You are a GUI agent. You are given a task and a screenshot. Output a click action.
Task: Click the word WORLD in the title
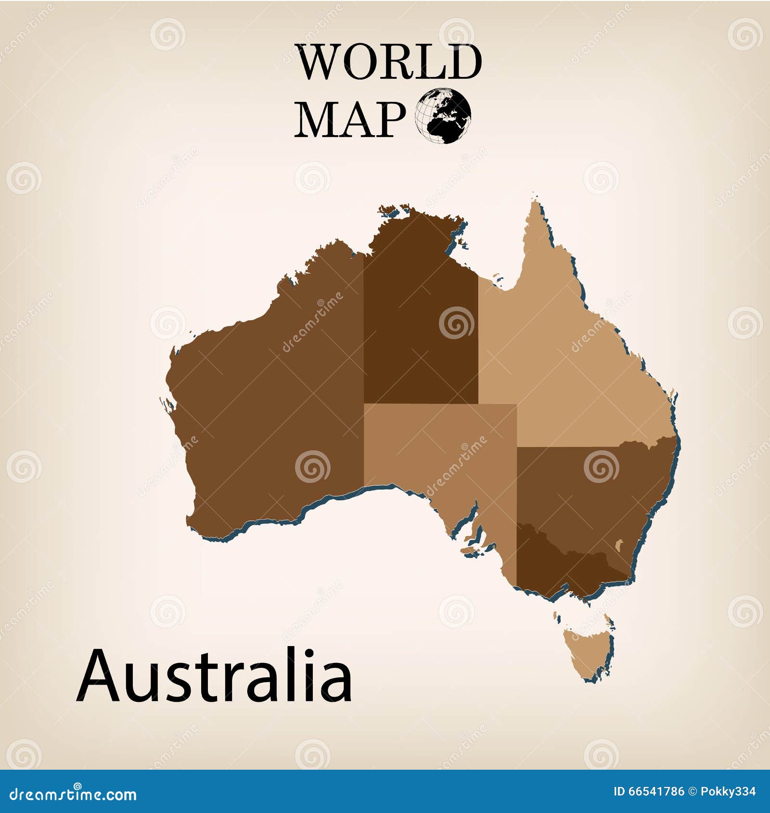coord(389,62)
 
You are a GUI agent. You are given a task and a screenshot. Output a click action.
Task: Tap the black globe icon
coord(443,115)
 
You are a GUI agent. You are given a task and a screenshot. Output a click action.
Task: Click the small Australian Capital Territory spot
coord(620,545)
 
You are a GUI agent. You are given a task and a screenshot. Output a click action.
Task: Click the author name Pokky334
coord(729,791)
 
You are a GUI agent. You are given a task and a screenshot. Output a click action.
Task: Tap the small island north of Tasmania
coord(558,616)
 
